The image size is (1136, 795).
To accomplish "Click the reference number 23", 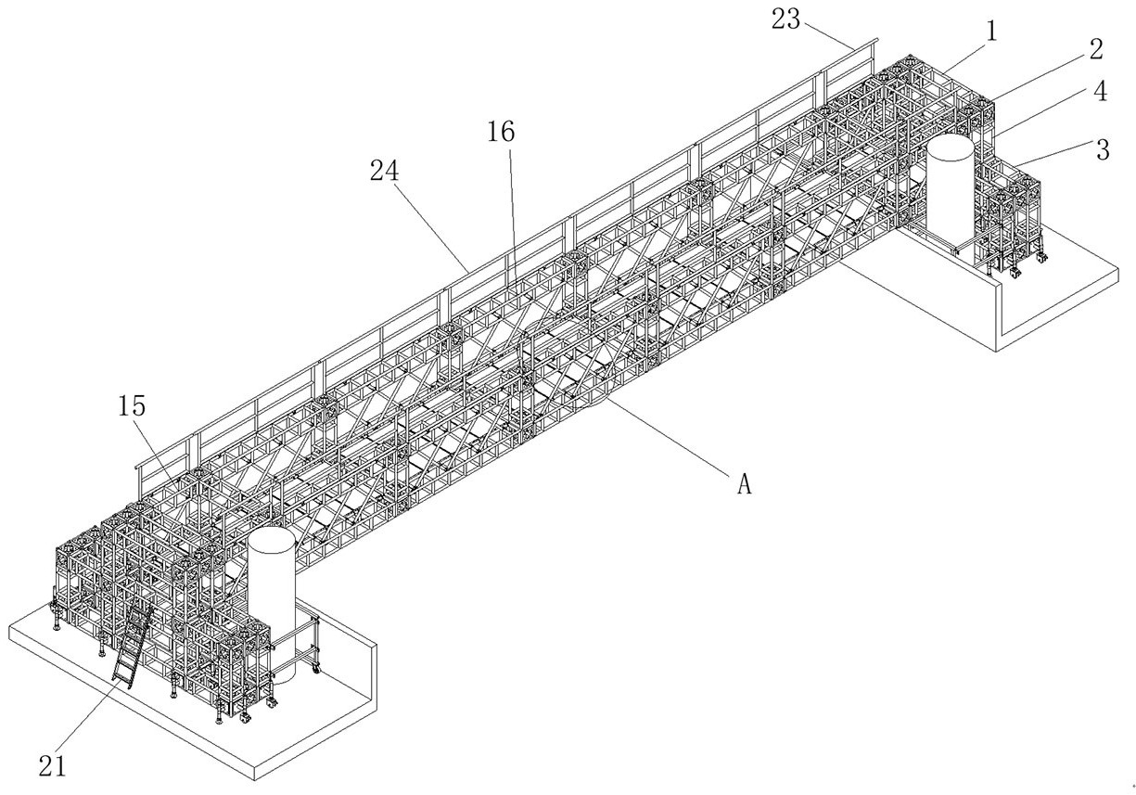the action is [x=785, y=19].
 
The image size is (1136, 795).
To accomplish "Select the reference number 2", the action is [x=1096, y=50].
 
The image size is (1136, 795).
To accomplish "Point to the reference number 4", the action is [x=1100, y=92].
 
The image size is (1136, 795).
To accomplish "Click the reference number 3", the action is [x=1103, y=149].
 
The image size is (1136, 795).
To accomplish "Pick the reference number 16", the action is [x=501, y=132].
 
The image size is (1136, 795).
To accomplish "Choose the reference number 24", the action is [x=385, y=171].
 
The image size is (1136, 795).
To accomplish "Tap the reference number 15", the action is [x=132, y=406].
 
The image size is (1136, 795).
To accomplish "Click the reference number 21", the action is [x=53, y=765].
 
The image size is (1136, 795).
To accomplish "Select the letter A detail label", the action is [x=744, y=483].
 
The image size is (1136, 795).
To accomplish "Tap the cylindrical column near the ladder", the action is [x=272, y=604].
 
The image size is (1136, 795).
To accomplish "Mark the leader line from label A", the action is [x=670, y=437].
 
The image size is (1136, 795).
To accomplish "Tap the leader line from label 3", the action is [x=1054, y=154].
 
